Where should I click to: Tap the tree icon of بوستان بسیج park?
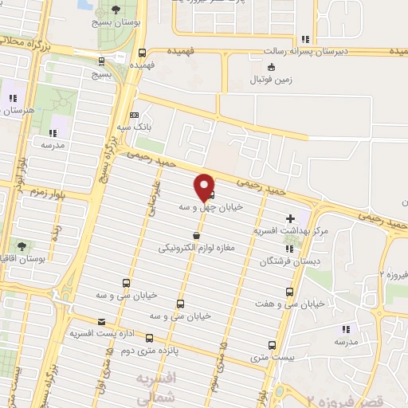tap(116, 10)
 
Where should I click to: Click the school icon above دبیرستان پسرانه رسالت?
tap(305, 39)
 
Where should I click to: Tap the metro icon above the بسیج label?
tap(101, 61)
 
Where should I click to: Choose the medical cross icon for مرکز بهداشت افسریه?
tap(290, 218)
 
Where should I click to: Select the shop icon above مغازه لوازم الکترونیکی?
tap(196, 236)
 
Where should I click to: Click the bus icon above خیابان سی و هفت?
tap(288, 292)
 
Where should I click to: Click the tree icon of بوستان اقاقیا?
tap(20, 246)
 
